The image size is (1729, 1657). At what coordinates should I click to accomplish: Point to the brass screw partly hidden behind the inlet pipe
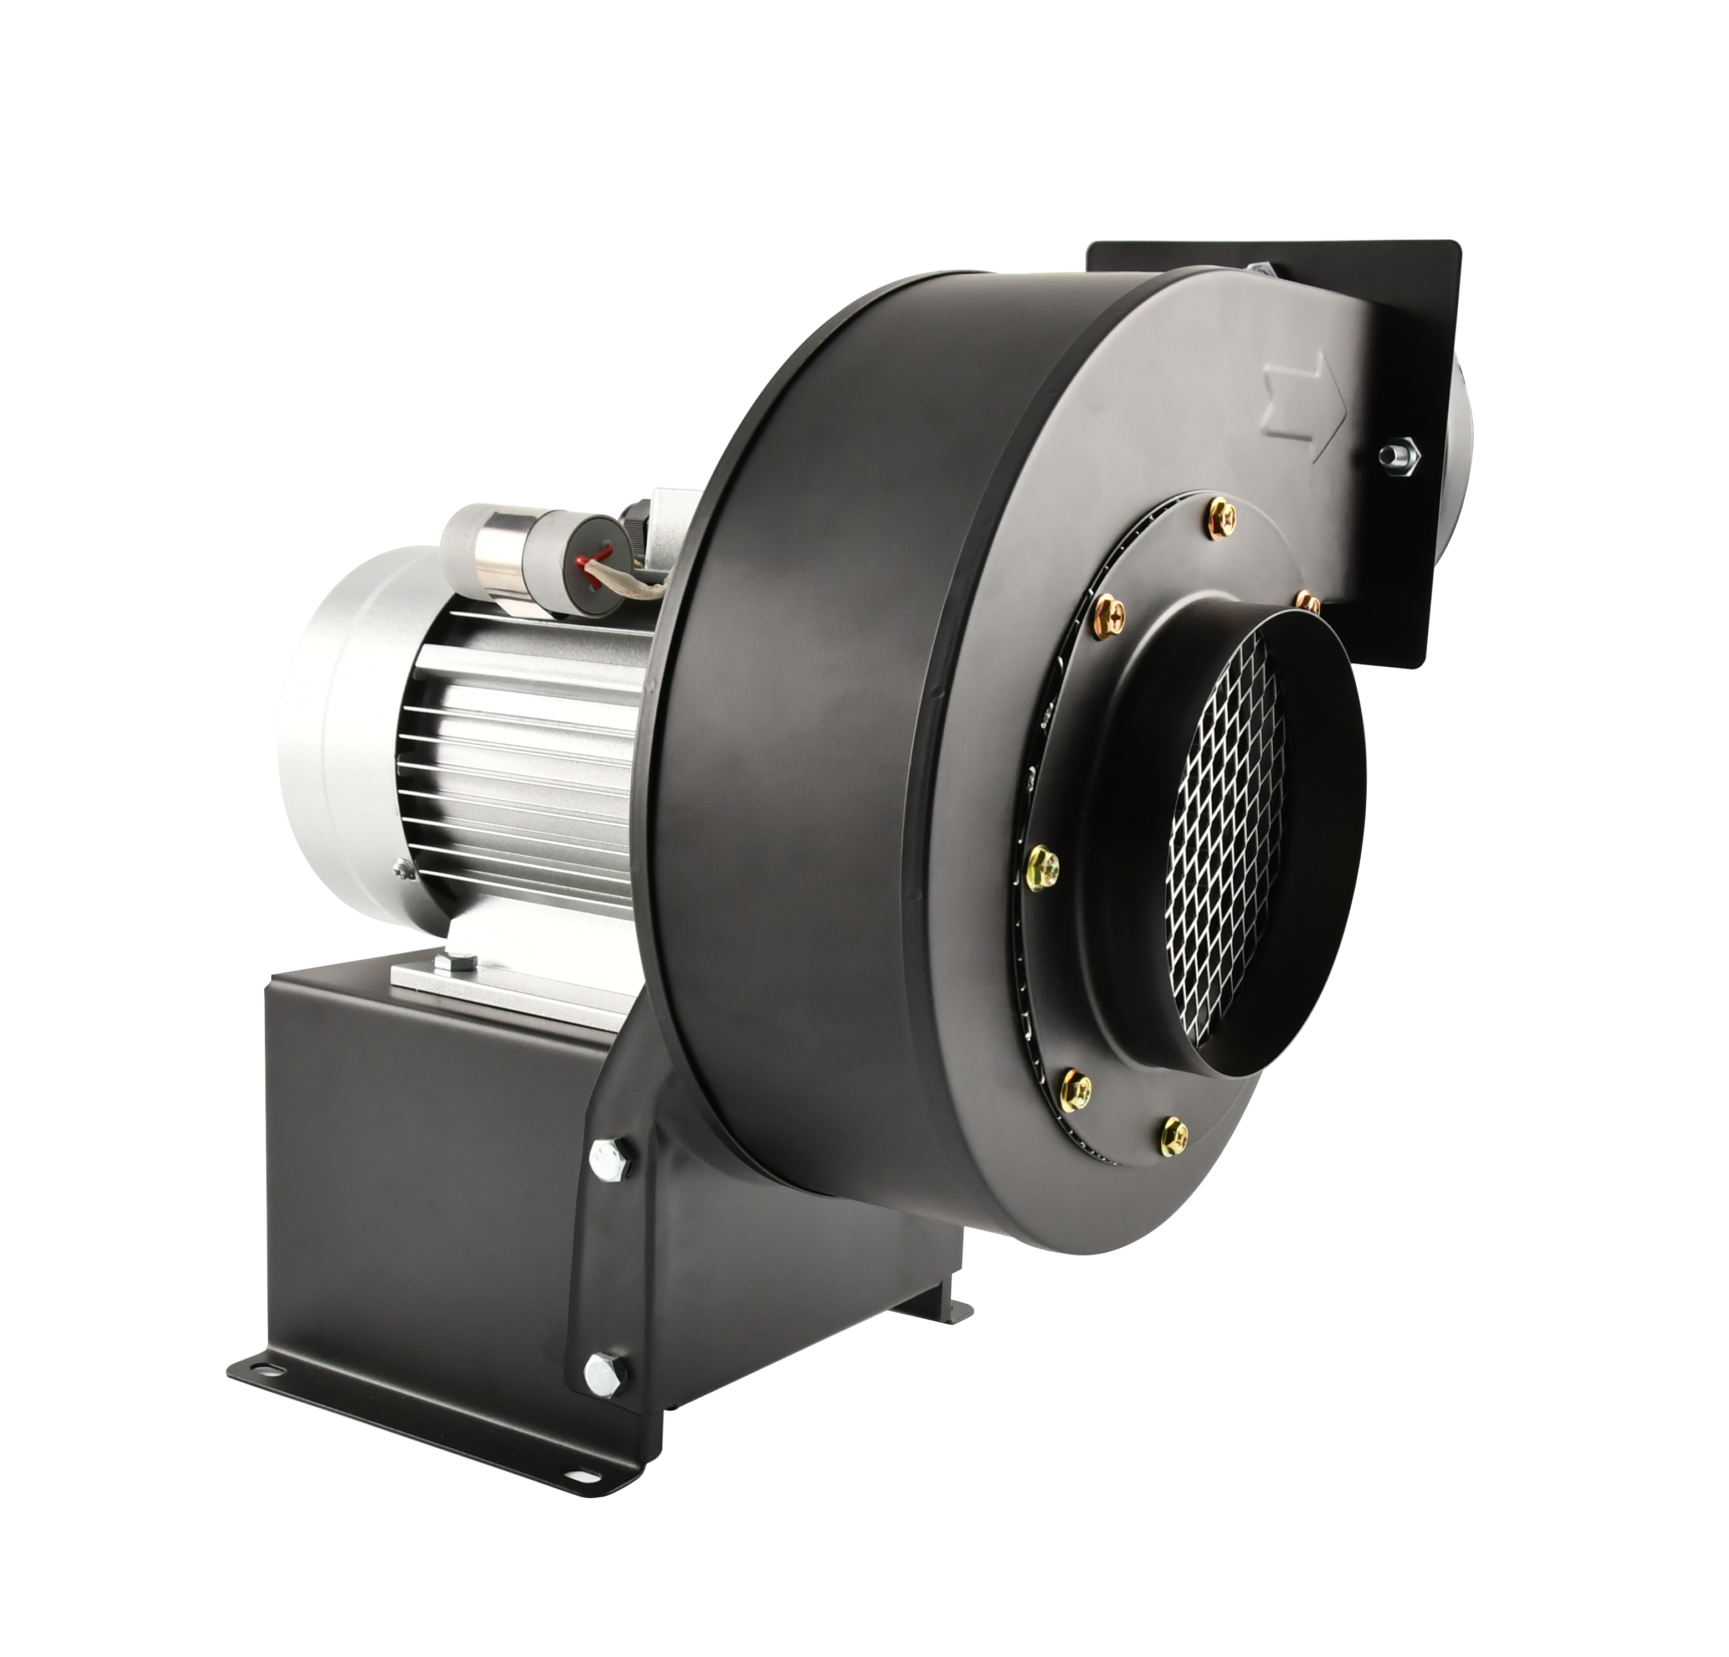pos(1308,604)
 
